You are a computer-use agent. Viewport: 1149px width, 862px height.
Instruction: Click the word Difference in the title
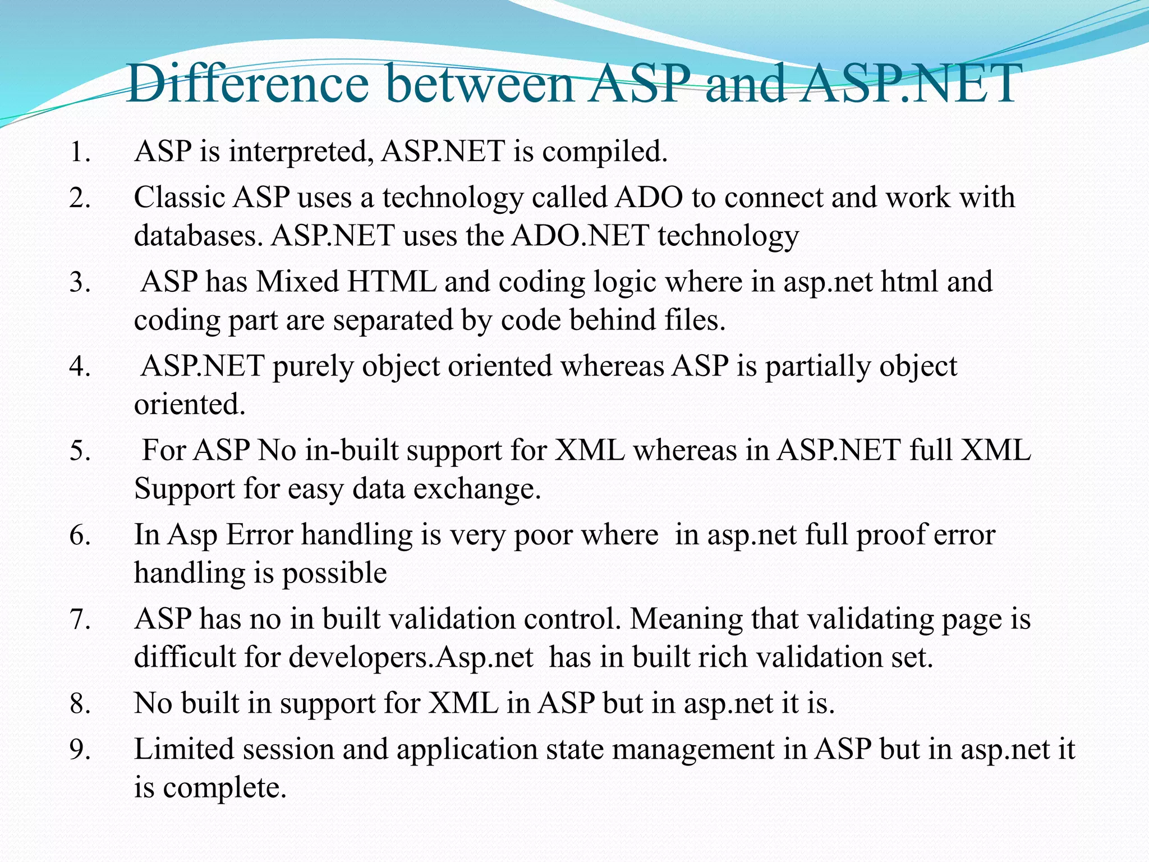coord(247,84)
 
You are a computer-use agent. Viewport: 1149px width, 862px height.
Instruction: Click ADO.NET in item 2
coord(580,236)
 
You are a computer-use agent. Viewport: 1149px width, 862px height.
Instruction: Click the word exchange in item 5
coord(477,489)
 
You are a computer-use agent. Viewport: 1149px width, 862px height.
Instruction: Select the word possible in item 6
coord(334,574)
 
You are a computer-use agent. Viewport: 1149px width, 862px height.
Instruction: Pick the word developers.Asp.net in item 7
coord(411,658)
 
